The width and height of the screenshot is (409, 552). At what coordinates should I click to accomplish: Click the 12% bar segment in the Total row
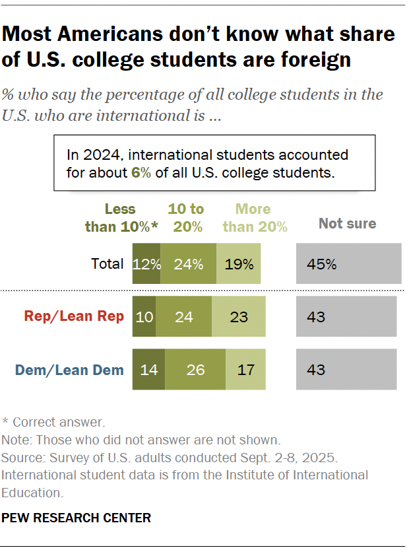pos(146,264)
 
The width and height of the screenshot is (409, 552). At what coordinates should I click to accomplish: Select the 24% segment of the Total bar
pos(188,264)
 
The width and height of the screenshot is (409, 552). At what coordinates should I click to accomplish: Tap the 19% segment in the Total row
pos(239,264)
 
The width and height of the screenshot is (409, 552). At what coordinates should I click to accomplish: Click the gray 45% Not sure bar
pos(348,264)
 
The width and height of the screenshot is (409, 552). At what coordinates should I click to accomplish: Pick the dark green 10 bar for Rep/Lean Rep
pos(144,317)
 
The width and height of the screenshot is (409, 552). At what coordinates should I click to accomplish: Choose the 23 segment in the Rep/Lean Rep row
pos(239,317)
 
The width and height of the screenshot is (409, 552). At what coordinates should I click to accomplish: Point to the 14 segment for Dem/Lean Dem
pos(148,370)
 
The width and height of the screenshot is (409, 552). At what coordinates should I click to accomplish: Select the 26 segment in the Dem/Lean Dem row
pos(195,370)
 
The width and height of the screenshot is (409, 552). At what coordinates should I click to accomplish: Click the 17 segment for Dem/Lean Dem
pos(245,370)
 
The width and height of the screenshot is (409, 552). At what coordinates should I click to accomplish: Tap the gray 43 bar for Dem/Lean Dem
pos(346,370)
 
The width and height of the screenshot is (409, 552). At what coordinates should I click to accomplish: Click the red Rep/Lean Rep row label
pos(74,317)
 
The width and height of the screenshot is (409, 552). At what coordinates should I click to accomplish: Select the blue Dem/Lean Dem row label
pos(74,370)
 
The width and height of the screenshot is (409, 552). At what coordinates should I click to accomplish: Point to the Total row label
pos(107,264)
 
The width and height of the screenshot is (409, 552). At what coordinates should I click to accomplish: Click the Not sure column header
pos(347,223)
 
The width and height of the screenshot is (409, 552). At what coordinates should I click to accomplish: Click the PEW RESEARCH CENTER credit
pos(77,518)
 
